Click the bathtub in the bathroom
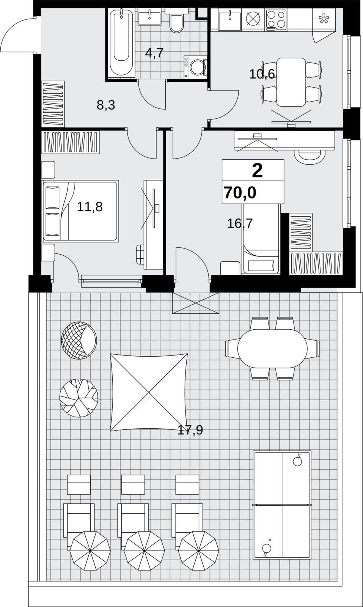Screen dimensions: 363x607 coord(121,42)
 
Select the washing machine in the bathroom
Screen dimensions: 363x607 coord(195,67)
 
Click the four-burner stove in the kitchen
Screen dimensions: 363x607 coord(277,19)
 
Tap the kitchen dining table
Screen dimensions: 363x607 coord(291,82)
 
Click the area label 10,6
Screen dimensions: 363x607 coord(262,74)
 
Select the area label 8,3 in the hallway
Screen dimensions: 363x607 coord(106,105)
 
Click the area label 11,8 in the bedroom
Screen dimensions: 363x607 coord(90,207)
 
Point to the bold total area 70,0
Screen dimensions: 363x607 coord(240,193)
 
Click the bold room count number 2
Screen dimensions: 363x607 coord(257,171)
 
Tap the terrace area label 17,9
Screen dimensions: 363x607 coord(190,430)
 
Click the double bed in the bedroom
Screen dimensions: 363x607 coord(80,211)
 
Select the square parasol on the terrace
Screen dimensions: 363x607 coord(149,392)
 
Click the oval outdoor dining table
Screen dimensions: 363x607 coord(272,349)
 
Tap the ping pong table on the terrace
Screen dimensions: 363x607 coord(282,505)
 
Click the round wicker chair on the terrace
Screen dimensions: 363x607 coord(79,340)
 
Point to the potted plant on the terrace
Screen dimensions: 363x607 coord(79,398)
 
